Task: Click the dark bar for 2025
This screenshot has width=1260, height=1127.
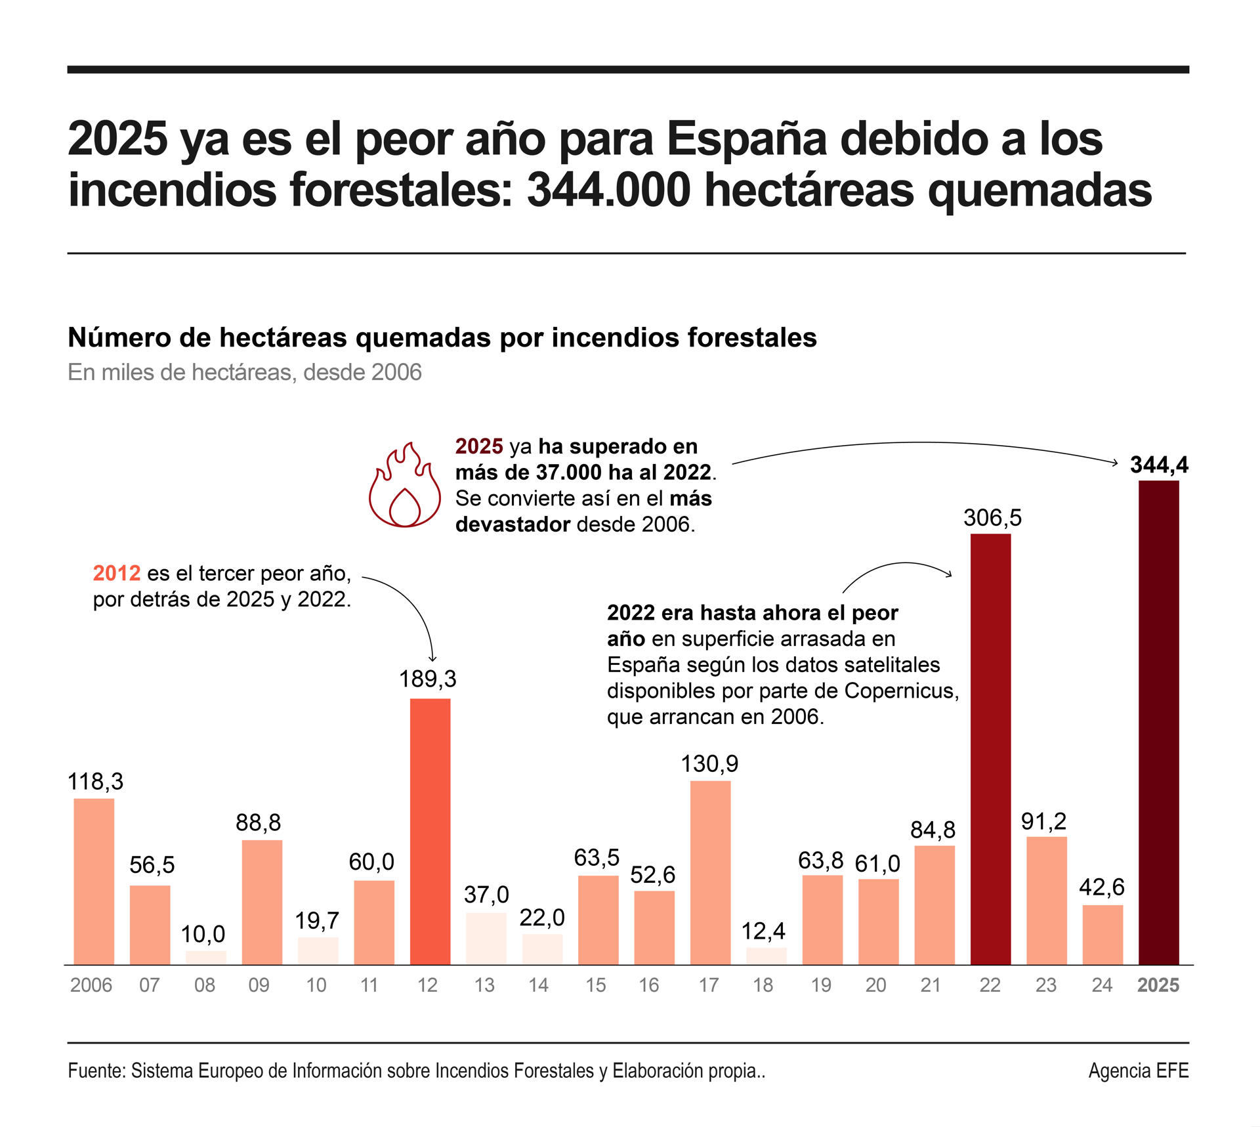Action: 1158,722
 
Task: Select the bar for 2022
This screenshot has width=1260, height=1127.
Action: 990,748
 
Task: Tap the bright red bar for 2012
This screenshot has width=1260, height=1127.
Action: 430,831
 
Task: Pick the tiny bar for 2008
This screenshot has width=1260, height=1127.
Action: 205,958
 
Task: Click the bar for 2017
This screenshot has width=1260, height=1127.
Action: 710,872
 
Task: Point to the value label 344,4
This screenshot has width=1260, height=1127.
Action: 1159,465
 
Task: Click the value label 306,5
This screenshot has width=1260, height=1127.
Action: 992,518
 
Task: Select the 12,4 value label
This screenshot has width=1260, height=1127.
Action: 763,931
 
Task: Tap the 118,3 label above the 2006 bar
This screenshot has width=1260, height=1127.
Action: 95,781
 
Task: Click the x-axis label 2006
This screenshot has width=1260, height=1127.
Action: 91,985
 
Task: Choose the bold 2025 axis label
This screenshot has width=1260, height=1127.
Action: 1158,985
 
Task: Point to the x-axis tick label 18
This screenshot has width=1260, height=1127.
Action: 763,985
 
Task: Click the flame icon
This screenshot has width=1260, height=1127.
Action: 404,486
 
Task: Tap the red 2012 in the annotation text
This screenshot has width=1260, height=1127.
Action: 117,573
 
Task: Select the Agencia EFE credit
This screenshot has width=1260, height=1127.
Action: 1138,1071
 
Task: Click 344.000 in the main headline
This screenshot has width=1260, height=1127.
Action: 608,190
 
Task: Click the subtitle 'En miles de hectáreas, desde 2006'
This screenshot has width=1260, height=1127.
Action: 245,372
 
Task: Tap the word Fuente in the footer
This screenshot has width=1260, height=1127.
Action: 96,1071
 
